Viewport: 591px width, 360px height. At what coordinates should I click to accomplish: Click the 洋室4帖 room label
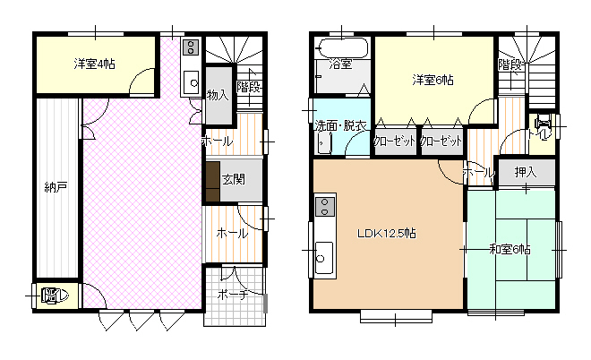[x=94, y=64]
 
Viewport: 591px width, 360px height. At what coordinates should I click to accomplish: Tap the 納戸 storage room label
[x=56, y=187]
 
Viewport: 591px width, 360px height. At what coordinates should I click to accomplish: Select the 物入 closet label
[x=218, y=95]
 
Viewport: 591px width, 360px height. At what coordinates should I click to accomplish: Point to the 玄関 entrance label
[x=234, y=179]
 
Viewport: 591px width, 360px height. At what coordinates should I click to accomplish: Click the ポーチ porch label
[x=233, y=295]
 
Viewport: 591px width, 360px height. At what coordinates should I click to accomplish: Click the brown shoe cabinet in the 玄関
[x=213, y=181]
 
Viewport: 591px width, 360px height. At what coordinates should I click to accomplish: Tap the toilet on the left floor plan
[x=56, y=296]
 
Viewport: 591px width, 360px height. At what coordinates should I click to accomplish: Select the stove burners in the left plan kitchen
[x=191, y=47]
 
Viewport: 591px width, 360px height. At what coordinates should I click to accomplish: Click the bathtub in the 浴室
[x=341, y=48]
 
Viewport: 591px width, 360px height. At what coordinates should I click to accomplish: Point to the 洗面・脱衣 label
[x=341, y=125]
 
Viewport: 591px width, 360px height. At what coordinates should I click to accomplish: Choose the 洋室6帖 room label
[x=433, y=81]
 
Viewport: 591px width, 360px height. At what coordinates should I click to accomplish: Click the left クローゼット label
[x=394, y=141]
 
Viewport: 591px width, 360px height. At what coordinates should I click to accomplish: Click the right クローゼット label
[x=441, y=141]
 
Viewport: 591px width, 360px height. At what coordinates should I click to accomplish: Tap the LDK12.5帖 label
[x=386, y=234]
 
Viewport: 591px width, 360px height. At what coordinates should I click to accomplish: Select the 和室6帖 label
[x=510, y=249]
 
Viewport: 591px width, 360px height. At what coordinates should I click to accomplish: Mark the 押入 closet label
[x=526, y=172]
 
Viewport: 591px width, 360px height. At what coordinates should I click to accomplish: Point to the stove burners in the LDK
[x=325, y=207]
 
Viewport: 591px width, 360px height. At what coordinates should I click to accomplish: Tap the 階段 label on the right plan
[x=510, y=64]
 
